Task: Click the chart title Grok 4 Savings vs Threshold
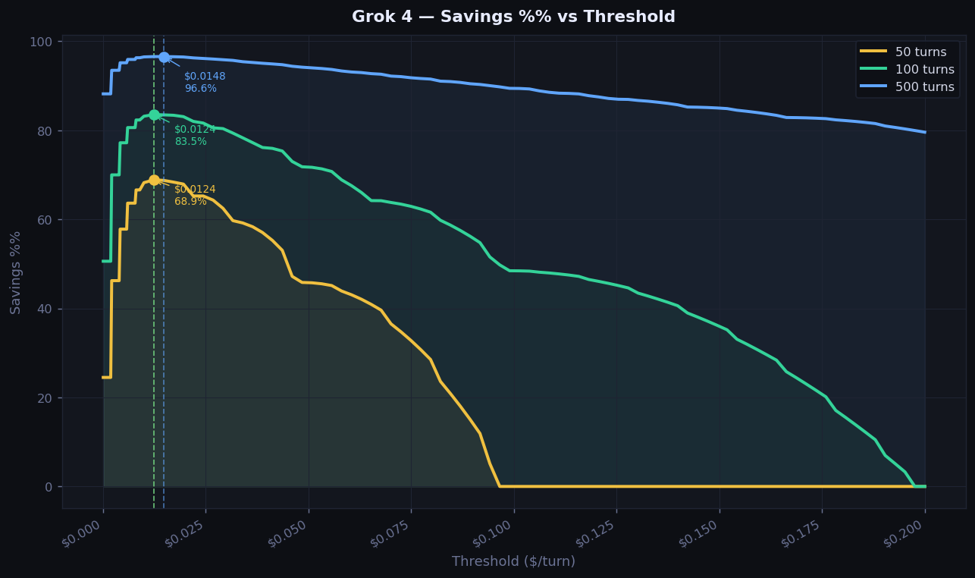point(513,17)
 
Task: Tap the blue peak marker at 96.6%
point(164,57)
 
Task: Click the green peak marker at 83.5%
point(154,115)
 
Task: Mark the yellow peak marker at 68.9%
point(154,180)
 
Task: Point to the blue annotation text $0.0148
point(205,77)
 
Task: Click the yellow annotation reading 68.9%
point(190,202)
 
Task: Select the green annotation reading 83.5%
point(190,142)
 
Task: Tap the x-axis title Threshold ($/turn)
point(513,561)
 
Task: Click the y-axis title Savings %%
point(16,272)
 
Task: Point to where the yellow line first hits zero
point(500,486)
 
